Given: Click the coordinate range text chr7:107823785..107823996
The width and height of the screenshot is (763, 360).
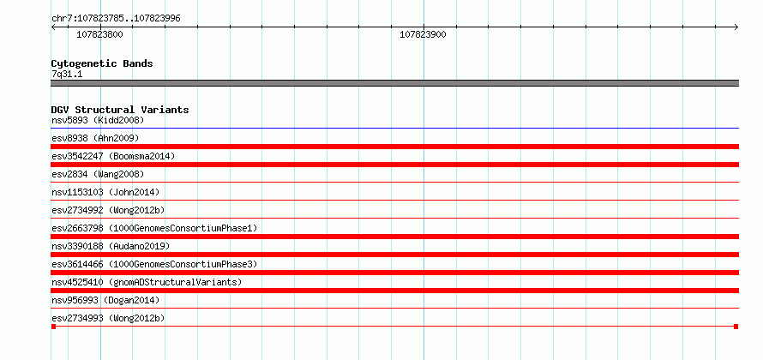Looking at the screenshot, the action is coord(116,19).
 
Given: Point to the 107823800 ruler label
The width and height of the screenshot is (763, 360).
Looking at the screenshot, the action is coord(99,34).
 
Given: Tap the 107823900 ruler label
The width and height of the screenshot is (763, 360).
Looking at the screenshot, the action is coord(423,34).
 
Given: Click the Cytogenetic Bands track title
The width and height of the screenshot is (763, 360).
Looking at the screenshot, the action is coord(102,63).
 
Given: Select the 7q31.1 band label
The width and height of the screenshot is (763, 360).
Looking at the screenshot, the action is coord(67,75).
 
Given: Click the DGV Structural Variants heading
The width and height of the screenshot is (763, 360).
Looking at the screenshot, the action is coord(120,110).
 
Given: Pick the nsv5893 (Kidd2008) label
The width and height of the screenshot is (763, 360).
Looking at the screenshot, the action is coord(98,120).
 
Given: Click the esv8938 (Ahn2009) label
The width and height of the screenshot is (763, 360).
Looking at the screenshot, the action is coord(95,138).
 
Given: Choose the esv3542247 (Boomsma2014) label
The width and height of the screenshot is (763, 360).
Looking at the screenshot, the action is coord(113,156).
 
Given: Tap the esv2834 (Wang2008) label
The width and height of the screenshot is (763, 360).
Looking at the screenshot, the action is coord(98,174).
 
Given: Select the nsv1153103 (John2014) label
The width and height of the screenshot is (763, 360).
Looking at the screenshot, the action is coord(105,192).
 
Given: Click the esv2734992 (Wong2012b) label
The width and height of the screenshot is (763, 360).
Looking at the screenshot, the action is coord(108,210).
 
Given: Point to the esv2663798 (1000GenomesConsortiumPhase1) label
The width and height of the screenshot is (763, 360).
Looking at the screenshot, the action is coord(154,228).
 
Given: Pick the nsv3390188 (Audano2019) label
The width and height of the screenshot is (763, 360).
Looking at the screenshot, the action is coord(111,246).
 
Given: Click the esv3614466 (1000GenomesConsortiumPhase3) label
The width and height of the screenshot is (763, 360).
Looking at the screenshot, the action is coord(154,264).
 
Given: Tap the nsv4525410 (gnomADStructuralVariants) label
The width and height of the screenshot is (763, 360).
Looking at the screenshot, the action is coord(147,282).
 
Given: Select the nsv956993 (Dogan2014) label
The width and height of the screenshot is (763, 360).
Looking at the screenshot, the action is coord(105,300).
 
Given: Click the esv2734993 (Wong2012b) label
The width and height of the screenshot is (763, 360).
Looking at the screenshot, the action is coord(108,318).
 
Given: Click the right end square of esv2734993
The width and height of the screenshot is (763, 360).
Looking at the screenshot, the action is coord(736,327).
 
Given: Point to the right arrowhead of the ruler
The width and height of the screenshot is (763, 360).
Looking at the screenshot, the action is coord(736,27).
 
